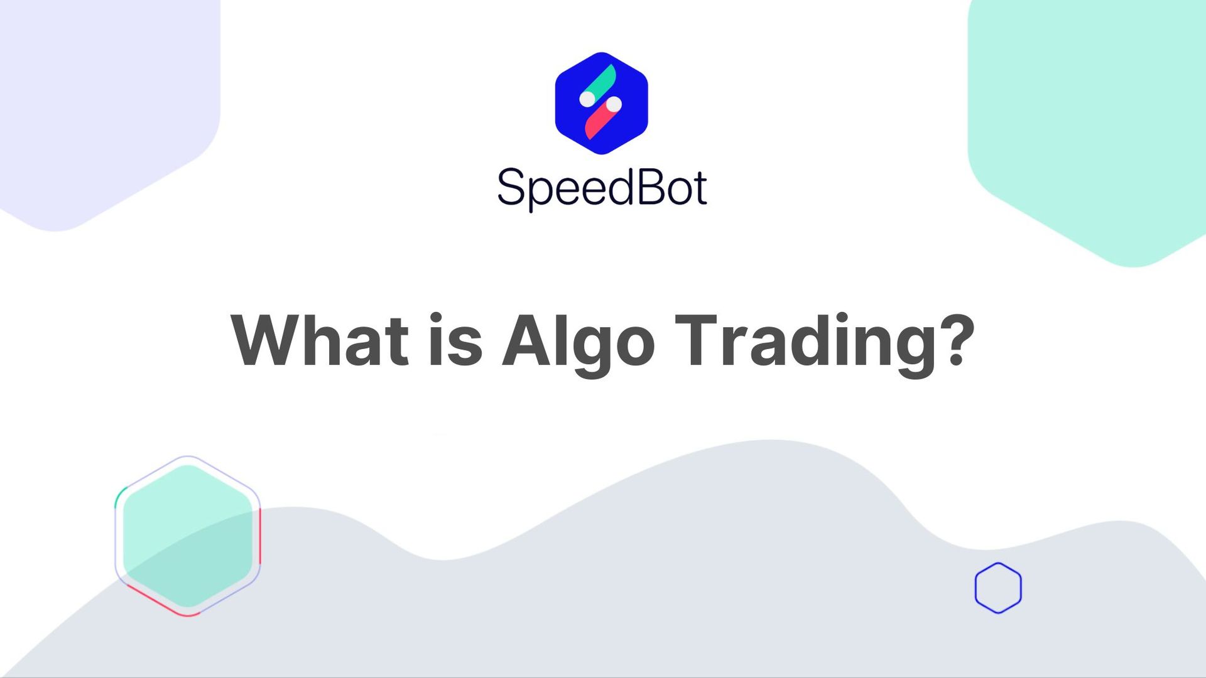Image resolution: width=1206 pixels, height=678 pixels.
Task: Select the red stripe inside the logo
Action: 598,123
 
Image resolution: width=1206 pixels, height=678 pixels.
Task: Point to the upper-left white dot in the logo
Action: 587,99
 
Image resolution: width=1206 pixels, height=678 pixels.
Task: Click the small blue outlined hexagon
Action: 998,588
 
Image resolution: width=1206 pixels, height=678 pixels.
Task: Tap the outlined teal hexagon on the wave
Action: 187,535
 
